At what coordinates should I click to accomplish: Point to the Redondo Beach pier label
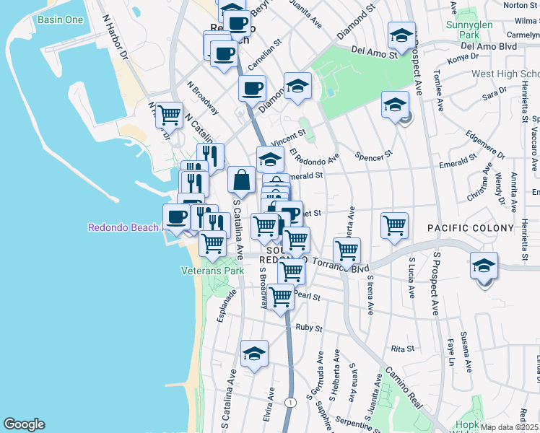click(x=123, y=227)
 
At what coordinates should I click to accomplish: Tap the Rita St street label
click(x=402, y=348)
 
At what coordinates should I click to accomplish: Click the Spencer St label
click(x=373, y=154)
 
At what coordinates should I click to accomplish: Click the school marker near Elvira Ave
click(x=254, y=354)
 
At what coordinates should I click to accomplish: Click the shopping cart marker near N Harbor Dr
click(x=168, y=113)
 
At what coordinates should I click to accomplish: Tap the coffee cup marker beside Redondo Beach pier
click(x=177, y=216)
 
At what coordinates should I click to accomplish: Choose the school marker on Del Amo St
click(x=401, y=34)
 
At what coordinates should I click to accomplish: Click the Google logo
click(x=24, y=425)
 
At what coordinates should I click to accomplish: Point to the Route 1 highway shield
click(x=289, y=402)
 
